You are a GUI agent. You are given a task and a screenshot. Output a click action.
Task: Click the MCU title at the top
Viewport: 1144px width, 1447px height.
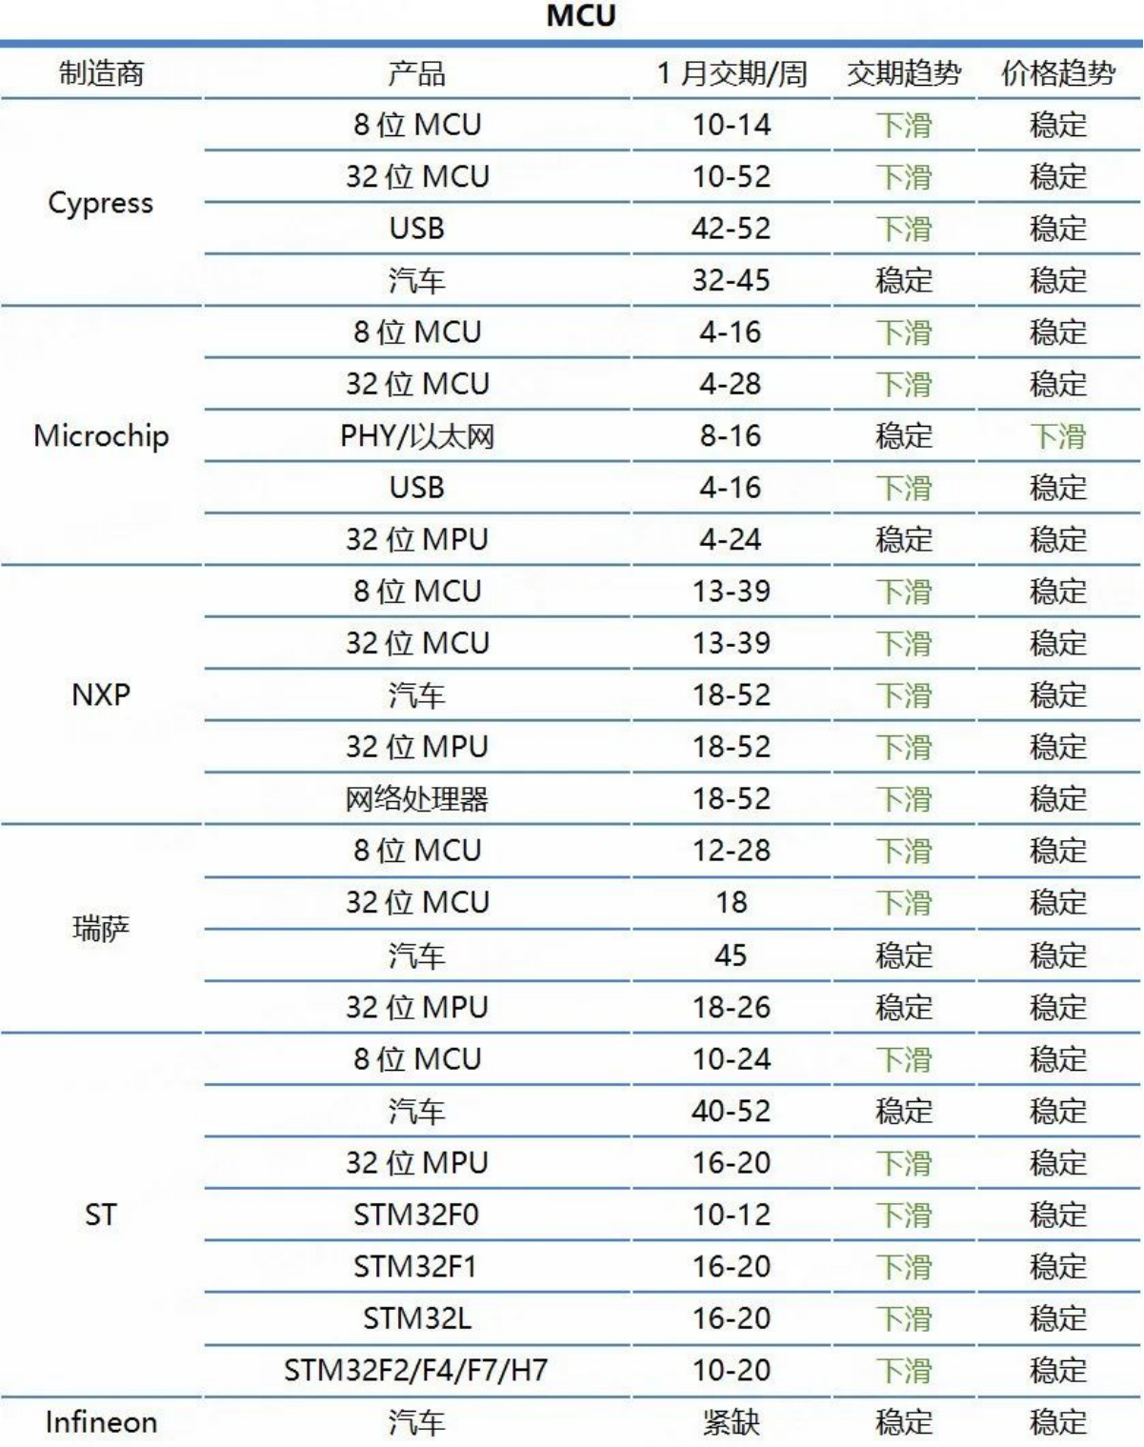(x=581, y=16)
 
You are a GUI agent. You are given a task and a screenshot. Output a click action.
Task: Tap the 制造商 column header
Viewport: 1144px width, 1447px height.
(x=101, y=73)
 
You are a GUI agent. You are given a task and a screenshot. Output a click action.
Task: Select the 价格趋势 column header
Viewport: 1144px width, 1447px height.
(x=1057, y=73)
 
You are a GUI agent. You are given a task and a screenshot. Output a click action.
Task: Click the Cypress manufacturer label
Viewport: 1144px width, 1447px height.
(x=101, y=203)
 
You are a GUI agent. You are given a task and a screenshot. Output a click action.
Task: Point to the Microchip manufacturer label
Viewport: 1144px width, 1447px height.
(x=101, y=436)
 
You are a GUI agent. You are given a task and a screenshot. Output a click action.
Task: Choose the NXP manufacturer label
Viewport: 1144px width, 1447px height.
(x=101, y=695)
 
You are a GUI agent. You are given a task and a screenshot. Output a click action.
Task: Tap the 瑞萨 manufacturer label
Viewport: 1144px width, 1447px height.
(x=101, y=929)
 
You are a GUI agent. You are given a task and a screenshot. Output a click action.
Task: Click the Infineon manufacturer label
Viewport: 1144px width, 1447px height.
(x=101, y=1422)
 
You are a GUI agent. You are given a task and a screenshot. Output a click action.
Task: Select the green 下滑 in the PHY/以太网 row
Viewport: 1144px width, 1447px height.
(x=1057, y=436)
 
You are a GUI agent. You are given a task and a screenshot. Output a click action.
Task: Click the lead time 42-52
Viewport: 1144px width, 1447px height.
(x=731, y=229)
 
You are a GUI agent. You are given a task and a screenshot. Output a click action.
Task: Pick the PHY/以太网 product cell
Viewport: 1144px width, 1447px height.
(x=417, y=436)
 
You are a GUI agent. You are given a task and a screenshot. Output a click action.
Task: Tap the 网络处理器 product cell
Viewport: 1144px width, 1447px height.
(x=417, y=799)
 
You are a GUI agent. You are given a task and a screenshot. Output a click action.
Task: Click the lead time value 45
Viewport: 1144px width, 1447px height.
(x=731, y=955)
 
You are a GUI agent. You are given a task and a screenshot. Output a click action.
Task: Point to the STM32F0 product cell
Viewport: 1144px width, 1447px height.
(x=417, y=1215)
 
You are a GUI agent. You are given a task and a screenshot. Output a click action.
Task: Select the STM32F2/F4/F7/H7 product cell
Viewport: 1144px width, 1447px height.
(x=417, y=1371)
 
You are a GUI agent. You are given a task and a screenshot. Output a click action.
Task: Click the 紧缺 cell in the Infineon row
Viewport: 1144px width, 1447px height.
(x=731, y=1422)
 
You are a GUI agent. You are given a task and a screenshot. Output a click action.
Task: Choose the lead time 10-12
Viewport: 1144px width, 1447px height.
(x=731, y=1215)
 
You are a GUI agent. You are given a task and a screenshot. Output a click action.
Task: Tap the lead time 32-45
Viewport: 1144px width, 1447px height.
(x=731, y=280)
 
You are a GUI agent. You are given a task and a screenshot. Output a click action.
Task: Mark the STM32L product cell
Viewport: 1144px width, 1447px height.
(x=417, y=1318)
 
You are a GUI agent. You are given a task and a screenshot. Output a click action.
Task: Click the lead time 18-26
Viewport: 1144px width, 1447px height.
(x=731, y=1007)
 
